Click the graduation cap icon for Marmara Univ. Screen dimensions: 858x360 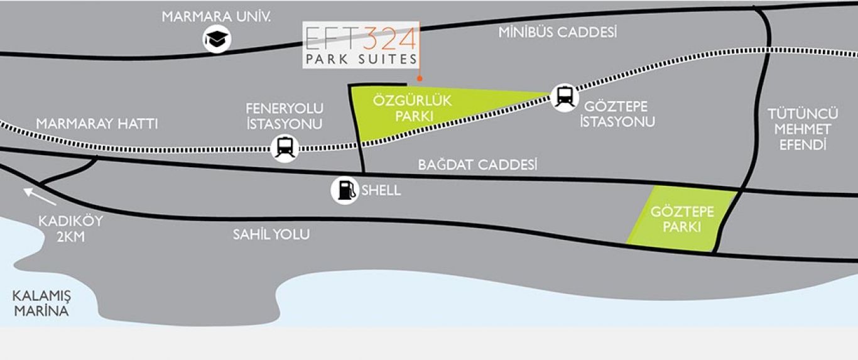tap(217, 39)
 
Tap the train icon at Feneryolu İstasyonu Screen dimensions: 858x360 tap(285, 148)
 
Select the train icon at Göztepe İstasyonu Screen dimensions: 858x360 tap(565, 97)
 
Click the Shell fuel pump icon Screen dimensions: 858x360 tap(345, 190)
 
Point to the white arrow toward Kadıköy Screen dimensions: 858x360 tap(40, 197)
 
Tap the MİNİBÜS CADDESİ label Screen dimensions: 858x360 tap(558, 33)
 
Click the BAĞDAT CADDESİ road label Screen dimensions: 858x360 tap(477, 165)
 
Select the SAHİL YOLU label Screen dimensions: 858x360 tap(271, 234)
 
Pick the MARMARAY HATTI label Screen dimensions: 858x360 tap(97, 124)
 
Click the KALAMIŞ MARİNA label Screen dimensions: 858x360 tap(41, 303)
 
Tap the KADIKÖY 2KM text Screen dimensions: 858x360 tap(70, 229)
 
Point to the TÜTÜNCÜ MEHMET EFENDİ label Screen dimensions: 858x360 tap(803, 129)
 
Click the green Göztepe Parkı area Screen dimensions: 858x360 tap(681, 219)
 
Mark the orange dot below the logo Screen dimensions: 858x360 tap(420, 79)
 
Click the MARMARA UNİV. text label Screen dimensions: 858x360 tap(217, 17)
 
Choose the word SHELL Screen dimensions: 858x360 tap(381, 190)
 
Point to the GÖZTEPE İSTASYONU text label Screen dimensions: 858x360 tap(617, 114)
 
